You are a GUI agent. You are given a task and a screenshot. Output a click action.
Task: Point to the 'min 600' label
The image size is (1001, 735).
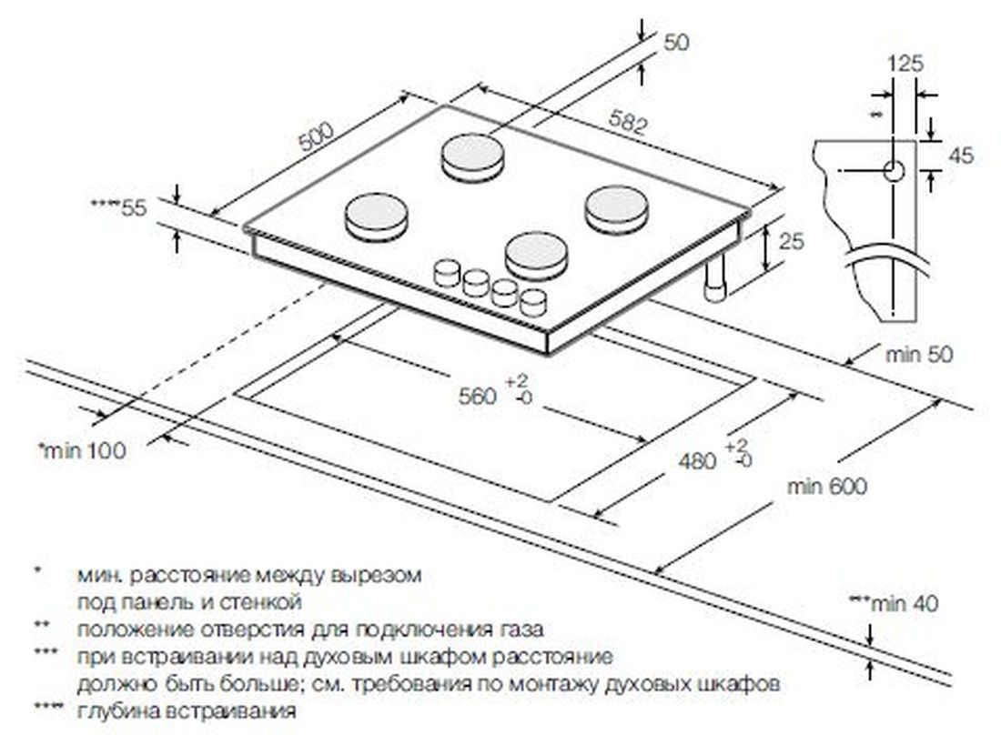827,487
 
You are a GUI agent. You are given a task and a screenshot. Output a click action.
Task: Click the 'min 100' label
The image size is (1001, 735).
82,449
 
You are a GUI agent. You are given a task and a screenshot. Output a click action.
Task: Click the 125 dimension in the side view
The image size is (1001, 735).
905,64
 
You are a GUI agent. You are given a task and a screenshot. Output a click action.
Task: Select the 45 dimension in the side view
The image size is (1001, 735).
960,155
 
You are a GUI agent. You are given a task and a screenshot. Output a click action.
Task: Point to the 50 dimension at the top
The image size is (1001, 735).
677,42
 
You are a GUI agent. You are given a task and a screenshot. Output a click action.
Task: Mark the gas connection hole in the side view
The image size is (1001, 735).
894,171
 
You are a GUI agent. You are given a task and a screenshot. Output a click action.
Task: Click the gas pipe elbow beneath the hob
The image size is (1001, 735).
715,284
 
